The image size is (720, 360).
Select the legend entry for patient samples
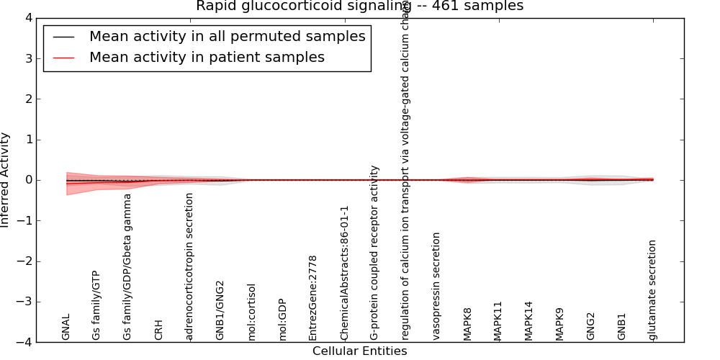click(x=207, y=58)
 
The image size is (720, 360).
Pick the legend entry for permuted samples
click(x=227, y=37)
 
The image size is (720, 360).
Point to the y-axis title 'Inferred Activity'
click(x=6, y=180)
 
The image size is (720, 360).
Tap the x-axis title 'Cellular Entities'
click(x=359, y=351)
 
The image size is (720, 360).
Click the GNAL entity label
click(x=66, y=326)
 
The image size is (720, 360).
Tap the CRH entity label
click(x=159, y=329)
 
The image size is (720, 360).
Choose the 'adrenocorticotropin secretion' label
click(x=189, y=266)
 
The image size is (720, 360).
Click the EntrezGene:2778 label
click(x=313, y=297)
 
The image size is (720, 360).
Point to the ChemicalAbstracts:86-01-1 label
click(x=344, y=273)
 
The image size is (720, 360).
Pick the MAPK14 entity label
click(x=529, y=320)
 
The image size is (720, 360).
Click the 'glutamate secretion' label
click(x=652, y=289)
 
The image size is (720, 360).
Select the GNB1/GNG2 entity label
click(x=220, y=310)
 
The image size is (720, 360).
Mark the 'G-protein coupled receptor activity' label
click(x=374, y=252)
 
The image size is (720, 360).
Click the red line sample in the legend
click(x=64, y=58)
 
